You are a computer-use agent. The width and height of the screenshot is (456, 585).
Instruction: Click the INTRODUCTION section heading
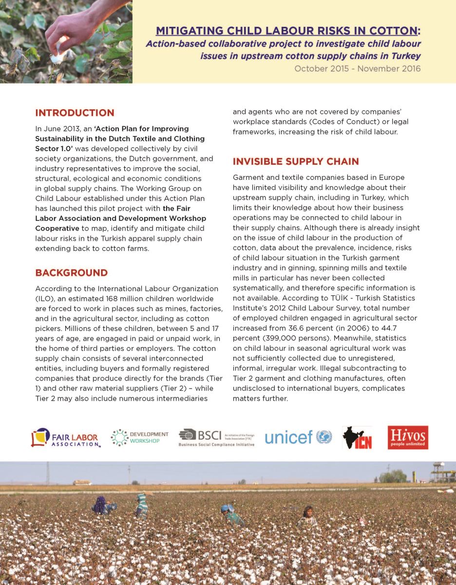click(75, 113)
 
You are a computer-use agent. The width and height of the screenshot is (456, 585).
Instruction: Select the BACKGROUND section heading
click(71, 273)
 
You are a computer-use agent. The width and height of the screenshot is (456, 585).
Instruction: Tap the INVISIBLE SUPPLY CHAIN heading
click(296, 161)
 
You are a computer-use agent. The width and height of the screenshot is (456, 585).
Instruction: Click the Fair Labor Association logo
click(66, 438)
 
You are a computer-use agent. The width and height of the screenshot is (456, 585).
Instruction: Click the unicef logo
click(298, 437)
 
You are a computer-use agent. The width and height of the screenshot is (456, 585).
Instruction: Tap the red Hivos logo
click(408, 437)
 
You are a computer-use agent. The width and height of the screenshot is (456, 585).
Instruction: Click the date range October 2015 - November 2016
click(358, 69)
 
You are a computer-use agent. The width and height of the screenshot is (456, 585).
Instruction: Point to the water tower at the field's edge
click(441, 470)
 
